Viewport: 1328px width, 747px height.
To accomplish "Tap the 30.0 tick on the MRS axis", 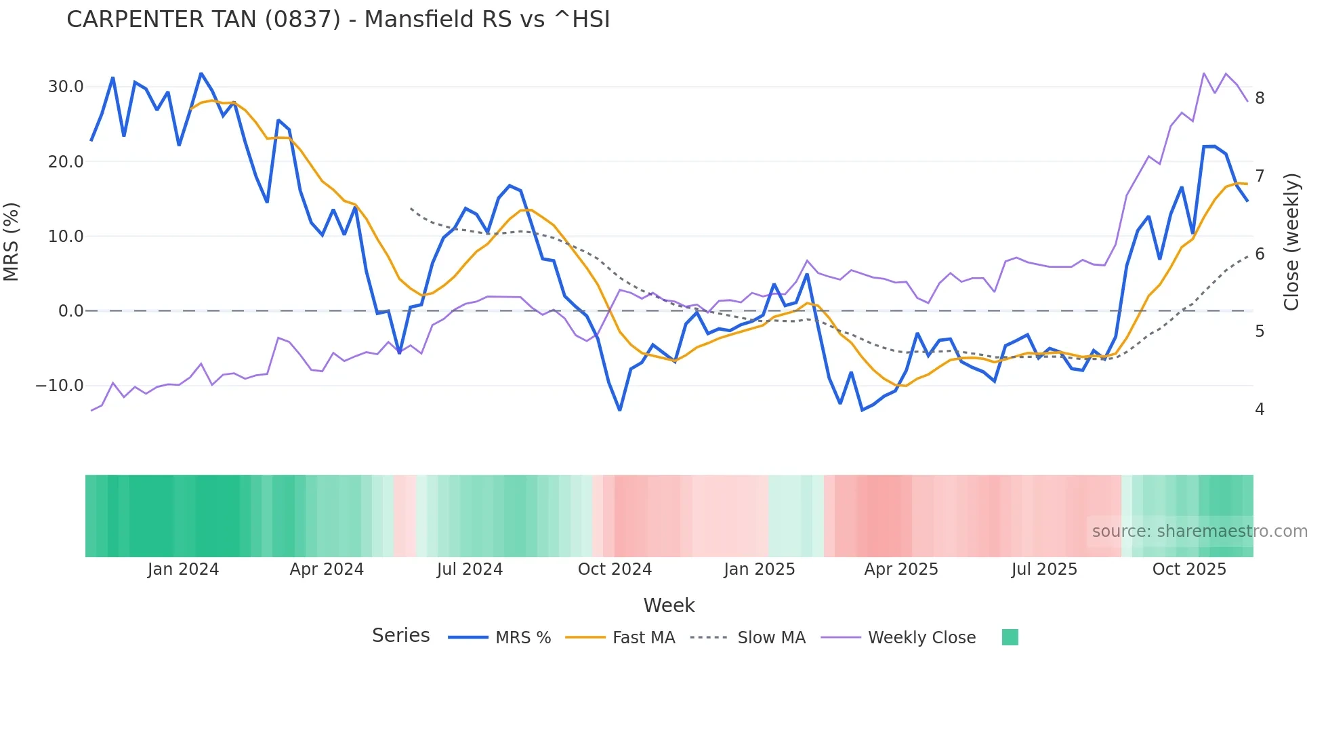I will tap(66, 87).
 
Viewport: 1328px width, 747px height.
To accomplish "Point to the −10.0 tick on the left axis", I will tap(60, 386).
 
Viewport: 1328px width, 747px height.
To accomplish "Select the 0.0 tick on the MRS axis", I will tap(70, 311).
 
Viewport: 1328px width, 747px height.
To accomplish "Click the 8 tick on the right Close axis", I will tap(1260, 98).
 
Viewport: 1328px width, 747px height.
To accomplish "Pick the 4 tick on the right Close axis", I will tap(1260, 409).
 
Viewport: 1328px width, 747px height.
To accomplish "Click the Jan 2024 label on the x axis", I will tap(183, 569).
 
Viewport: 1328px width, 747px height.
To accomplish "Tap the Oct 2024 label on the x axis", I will tap(615, 569).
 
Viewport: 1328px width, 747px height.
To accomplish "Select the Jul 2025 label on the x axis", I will tap(1044, 569).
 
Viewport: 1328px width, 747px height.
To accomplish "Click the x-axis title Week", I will tap(669, 605).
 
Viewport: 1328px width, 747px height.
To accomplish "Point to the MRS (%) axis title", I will tap(12, 242).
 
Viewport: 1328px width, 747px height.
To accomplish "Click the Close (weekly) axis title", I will tap(1291, 242).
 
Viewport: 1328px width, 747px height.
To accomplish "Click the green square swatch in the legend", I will tap(1010, 637).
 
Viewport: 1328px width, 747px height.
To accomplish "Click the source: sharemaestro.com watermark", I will tap(1199, 531).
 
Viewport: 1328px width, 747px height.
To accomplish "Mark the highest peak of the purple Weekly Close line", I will tap(1204, 73).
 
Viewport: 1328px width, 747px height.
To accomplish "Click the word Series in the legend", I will tap(400, 636).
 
